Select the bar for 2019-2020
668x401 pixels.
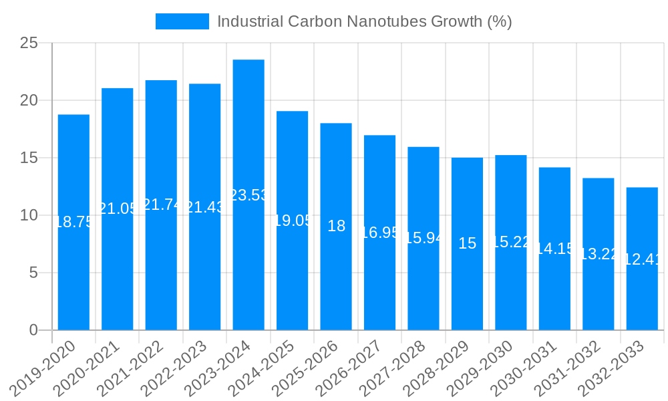click(x=73, y=254)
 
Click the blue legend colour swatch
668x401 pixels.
click(x=182, y=21)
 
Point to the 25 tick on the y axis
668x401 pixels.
click(x=29, y=43)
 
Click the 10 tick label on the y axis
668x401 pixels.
click(x=29, y=215)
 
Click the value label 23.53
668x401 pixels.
click(x=248, y=195)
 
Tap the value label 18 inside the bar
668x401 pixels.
click(x=336, y=226)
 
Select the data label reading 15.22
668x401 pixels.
click(x=511, y=242)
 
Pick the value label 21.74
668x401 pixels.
click(x=161, y=205)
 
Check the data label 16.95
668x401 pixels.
click(x=379, y=233)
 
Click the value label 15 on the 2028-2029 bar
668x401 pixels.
click(x=467, y=243)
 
